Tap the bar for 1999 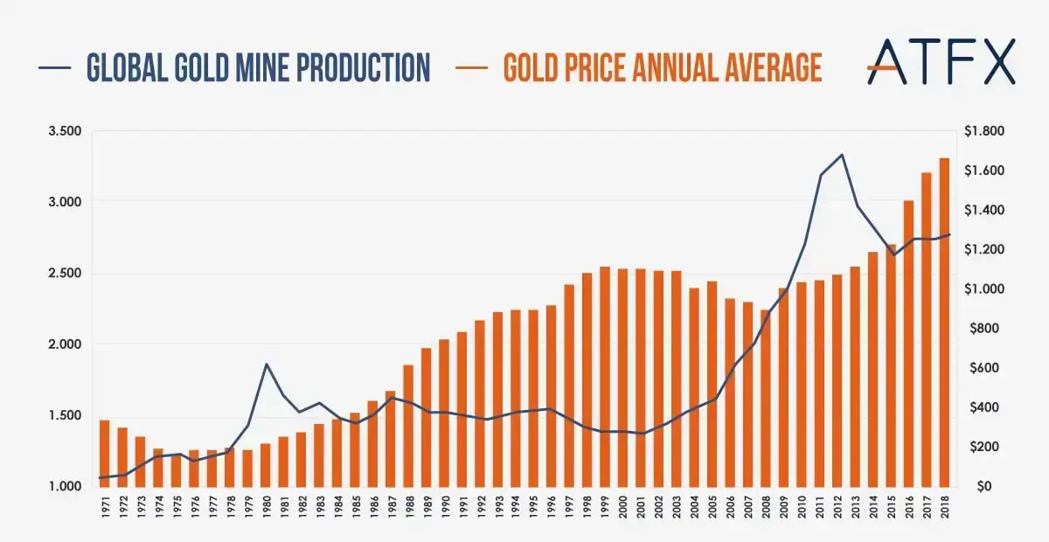coord(605,376)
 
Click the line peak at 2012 coord(841,155)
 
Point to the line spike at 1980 coord(266,364)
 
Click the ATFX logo coord(941,61)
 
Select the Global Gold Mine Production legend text coord(258,66)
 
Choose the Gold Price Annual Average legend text coord(662,66)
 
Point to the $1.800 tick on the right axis coord(984,131)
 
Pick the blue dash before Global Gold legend coord(53,67)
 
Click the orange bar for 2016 coord(908,343)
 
